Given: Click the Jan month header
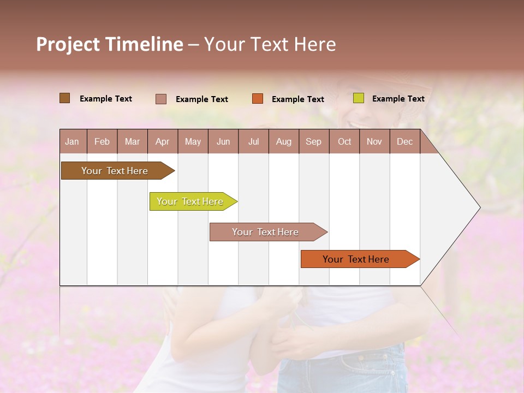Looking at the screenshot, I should [x=72, y=141].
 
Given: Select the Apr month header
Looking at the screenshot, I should [x=162, y=141].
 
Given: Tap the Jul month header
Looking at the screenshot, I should [x=253, y=141].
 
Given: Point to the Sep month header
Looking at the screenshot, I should [x=313, y=141].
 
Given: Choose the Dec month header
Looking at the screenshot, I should [x=404, y=141].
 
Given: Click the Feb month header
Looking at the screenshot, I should [x=102, y=141].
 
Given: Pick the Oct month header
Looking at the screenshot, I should [x=344, y=141].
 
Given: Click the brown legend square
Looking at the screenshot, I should [x=65, y=98].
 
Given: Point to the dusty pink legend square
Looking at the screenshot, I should [x=161, y=99].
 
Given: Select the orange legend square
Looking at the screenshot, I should [x=258, y=99].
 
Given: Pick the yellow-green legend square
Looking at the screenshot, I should [x=359, y=98].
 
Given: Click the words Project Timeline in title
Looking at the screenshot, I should [x=110, y=44].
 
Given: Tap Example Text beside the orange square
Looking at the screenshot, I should [x=298, y=99].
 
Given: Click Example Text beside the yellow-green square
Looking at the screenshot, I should [x=398, y=99].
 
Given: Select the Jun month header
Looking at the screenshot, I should [x=223, y=141].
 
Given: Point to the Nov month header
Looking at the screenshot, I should [x=374, y=141].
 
